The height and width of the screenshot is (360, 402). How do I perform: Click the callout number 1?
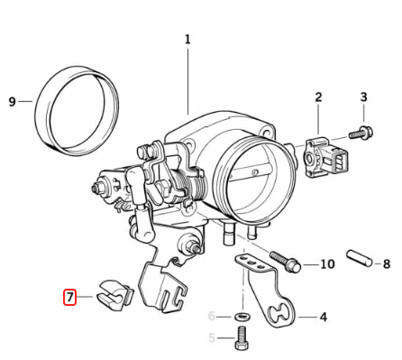point(187,40)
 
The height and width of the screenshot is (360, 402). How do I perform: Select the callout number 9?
point(12,102)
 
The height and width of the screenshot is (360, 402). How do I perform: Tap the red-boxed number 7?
point(69,297)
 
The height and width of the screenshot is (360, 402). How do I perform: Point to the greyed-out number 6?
point(212,317)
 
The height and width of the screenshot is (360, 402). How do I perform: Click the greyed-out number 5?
point(212,338)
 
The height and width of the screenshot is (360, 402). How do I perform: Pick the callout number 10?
point(327,264)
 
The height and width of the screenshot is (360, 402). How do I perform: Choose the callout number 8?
point(387,264)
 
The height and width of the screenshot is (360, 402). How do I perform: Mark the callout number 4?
point(324,317)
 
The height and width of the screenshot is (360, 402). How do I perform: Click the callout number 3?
point(363,97)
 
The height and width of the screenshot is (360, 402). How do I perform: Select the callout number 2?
point(318,97)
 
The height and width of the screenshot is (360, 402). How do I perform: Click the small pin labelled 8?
point(360,258)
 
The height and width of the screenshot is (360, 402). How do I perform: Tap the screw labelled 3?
point(361,133)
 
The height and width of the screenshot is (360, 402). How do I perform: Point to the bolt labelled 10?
point(285,262)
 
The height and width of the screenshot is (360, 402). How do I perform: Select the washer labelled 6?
point(242,317)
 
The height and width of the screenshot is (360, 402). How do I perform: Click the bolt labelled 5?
point(242,338)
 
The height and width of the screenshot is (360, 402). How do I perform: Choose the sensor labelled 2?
point(325,156)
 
